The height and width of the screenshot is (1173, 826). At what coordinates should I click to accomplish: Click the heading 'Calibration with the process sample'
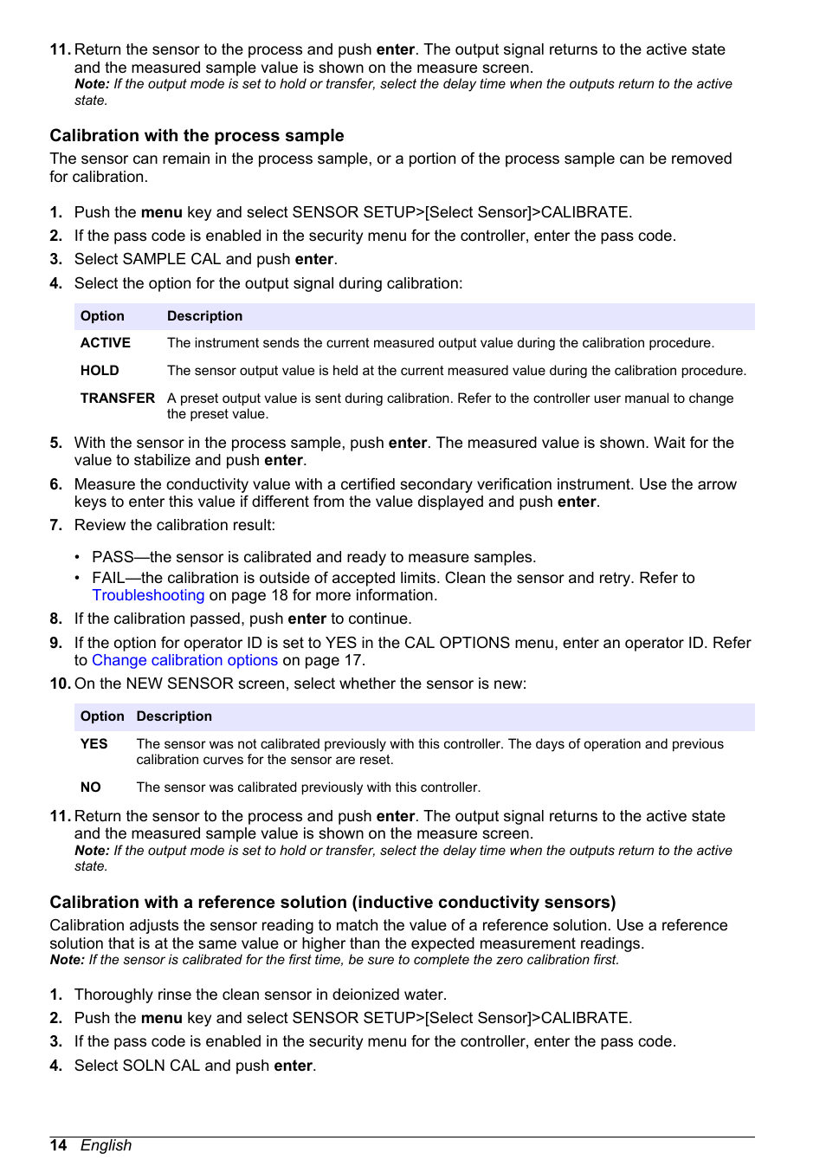[x=197, y=136]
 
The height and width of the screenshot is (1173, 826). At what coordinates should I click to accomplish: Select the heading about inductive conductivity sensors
[x=332, y=903]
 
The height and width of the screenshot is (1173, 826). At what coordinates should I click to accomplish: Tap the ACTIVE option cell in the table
[x=106, y=343]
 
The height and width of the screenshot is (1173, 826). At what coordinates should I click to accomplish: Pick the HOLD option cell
[x=100, y=371]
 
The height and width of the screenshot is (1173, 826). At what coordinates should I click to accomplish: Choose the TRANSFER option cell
[x=117, y=399]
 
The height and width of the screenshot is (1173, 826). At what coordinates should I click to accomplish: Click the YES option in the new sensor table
[x=94, y=744]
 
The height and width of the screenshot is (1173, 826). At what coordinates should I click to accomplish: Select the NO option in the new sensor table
[x=90, y=787]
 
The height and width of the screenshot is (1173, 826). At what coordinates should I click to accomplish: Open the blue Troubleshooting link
[x=148, y=596]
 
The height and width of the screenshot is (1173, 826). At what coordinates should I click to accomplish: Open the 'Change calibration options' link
[x=184, y=661]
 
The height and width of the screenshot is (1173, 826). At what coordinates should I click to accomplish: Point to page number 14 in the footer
[x=58, y=1145]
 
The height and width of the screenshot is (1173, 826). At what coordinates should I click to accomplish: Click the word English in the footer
[x=106, y=1145]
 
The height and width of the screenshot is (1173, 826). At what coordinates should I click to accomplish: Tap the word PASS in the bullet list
[x=113, y=557]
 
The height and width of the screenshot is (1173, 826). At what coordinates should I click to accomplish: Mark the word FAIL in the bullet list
[x=108, y=578]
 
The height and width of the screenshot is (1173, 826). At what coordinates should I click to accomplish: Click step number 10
[x=59, y=684]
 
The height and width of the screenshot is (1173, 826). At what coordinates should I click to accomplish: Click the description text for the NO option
[x=307, y=787]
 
